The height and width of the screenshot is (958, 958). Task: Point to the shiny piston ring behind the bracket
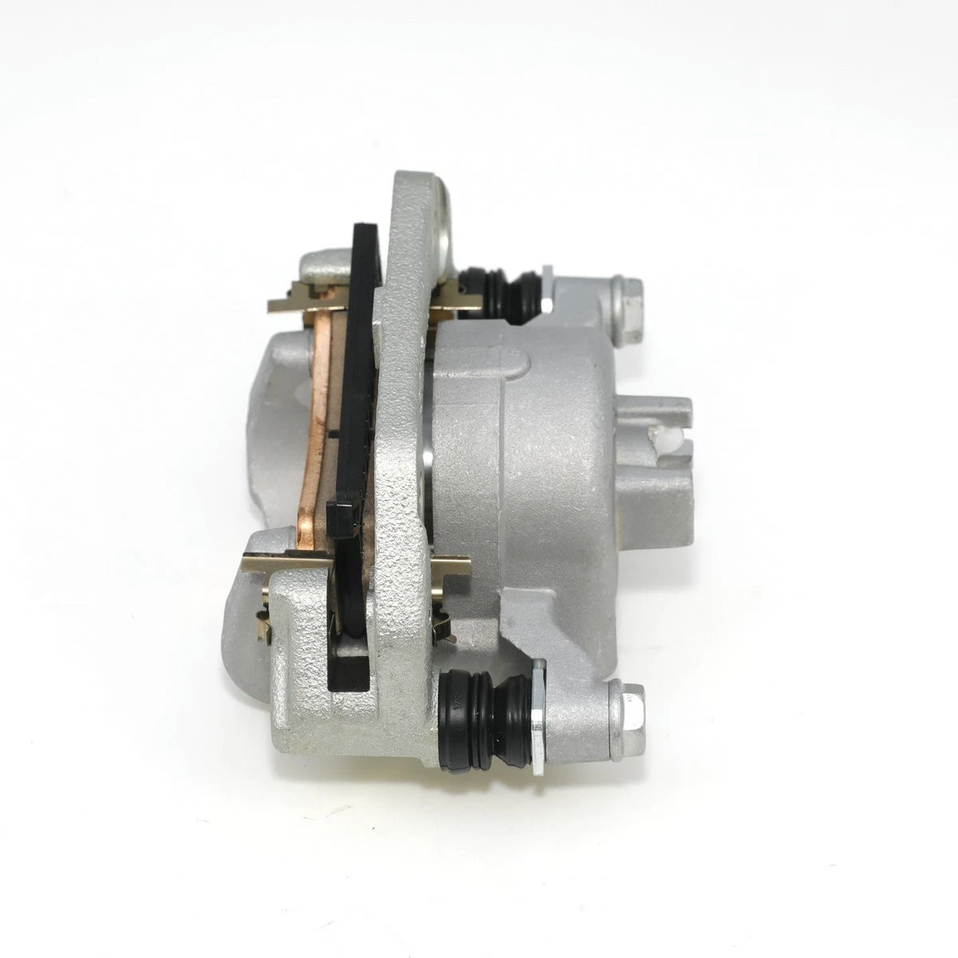tap(429, 447)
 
